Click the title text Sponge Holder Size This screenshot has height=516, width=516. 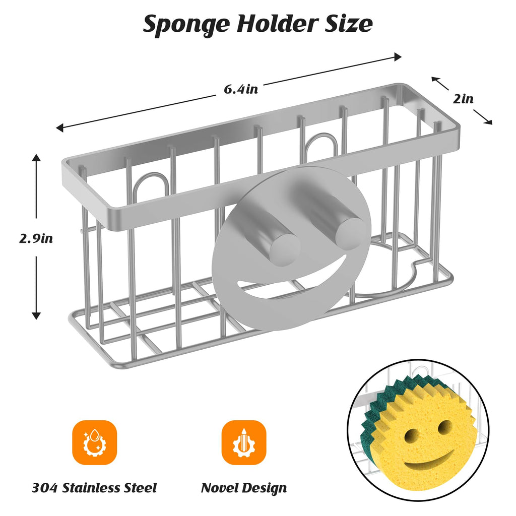tap(257, 24)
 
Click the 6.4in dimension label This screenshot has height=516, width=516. tap(241, 89)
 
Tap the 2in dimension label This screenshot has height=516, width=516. tap(463, 99)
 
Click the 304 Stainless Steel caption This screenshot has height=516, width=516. tap(94, 487)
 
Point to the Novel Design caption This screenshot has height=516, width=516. tap(244, 487)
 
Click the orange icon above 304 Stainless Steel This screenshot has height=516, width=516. tap(94, 442)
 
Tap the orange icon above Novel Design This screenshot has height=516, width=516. tap(244, 442)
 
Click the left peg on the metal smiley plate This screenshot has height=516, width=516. tap(285, 246)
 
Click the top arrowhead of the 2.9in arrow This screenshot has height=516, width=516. tap(36, 158)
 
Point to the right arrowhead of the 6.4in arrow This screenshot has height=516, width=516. tap(398, 56)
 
